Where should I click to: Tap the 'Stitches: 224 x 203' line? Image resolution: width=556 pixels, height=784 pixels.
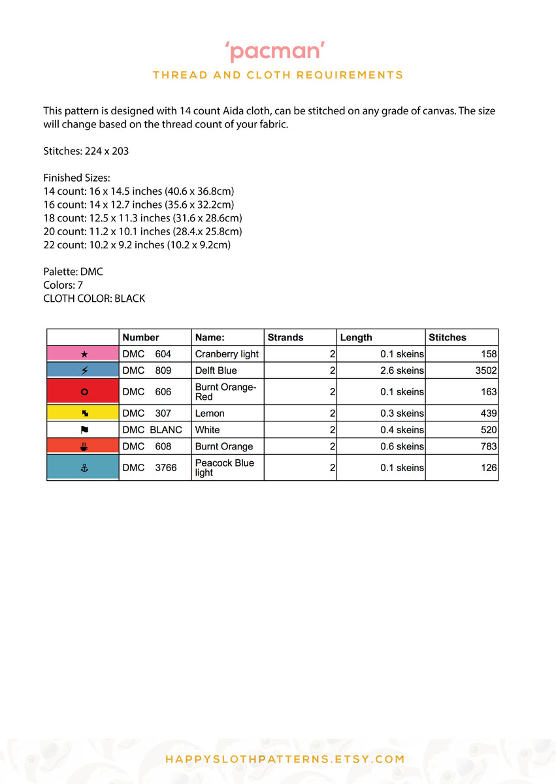[86, 151]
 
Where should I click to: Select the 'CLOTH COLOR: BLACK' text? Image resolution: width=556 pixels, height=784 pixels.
[94, 299]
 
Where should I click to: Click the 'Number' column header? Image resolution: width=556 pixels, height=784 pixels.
[140, 337]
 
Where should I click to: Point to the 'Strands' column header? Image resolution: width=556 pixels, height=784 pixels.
[286, 337]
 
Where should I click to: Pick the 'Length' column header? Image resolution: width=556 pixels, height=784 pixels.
[356, 337]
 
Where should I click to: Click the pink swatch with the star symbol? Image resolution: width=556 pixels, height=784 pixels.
[83, 353]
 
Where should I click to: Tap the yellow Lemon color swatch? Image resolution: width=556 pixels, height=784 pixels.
[83, 413]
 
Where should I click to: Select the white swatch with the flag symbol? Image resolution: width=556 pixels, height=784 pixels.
[83, 430]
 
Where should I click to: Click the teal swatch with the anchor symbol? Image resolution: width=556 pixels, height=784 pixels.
[83, 467]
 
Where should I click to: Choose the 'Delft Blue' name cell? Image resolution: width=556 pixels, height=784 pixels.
[216, 370]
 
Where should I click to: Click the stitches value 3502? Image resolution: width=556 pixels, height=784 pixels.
[486, 370]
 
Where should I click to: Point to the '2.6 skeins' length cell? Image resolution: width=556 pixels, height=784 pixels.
[402, 370]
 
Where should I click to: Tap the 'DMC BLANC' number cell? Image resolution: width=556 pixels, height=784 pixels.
[152, 430]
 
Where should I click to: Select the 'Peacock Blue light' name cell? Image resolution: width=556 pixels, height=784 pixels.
[225, 467]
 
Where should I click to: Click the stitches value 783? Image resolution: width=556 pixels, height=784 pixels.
[488, 446]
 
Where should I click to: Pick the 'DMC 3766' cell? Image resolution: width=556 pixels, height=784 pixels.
[150, 467]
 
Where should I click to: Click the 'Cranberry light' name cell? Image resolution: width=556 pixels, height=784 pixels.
[227, 353]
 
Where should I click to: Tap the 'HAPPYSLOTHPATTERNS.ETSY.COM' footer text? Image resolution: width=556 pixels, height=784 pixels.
[285, 759]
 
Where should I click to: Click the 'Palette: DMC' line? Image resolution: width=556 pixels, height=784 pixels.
[73, 271]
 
